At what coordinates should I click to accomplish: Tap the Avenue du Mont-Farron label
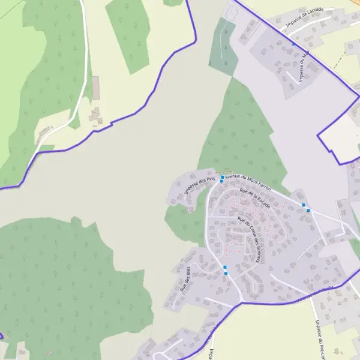tap(248, 181)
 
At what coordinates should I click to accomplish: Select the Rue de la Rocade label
tap(256, 199)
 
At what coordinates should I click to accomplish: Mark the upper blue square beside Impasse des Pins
tap(222, 177)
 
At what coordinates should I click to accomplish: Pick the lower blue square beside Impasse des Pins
tap(221, 181)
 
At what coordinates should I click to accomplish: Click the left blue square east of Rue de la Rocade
tap(304, 205)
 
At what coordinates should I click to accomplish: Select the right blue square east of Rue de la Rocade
tap(308, 210)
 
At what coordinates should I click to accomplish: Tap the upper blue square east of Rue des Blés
tap(225, 267)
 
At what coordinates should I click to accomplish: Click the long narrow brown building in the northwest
tap(95, 88)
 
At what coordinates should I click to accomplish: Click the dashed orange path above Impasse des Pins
tap(223, 171)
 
